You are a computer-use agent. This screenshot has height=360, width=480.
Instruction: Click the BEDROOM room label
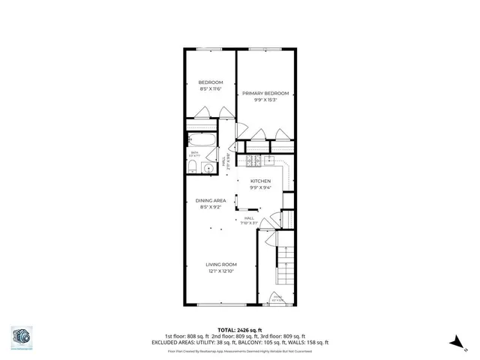210,82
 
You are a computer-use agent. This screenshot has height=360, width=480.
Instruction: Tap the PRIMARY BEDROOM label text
265,94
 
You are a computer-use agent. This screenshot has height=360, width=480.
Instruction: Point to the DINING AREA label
211,200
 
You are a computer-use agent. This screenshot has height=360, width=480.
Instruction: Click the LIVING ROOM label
221,264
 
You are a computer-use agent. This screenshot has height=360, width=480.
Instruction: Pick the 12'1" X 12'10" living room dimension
221,271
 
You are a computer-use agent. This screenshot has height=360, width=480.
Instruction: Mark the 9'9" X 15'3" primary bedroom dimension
265,100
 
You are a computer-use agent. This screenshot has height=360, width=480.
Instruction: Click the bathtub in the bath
202,140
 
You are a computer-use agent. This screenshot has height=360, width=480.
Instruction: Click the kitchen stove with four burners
253,160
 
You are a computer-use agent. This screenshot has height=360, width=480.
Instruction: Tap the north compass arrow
454,341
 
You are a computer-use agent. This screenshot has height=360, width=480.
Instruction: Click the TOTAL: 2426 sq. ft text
239,330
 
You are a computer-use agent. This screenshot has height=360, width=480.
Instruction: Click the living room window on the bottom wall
221,304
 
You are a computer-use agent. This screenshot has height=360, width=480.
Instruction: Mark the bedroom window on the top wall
210,49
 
